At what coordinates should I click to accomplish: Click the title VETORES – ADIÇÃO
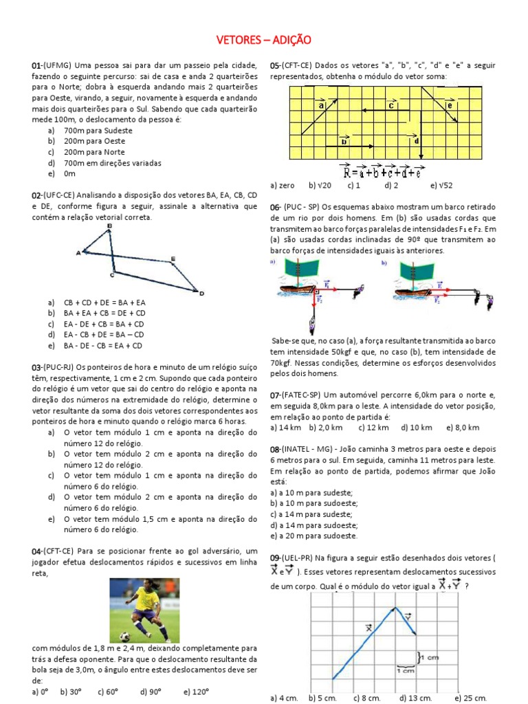(263, 41)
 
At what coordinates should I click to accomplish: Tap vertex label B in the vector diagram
(110, 226)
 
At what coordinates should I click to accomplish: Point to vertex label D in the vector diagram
(201, 294)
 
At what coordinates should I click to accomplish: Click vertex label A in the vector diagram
(78, 253)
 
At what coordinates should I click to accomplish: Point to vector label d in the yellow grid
(417, 140)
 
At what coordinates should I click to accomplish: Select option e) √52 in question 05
(441, 186)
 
